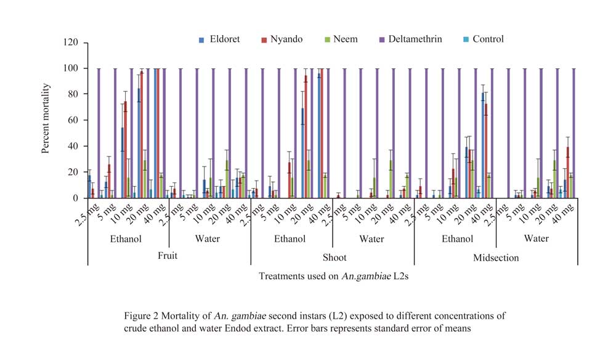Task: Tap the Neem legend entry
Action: click(347, 39)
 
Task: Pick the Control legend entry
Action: click(484, 39)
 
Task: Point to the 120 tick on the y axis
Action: click(77, 43)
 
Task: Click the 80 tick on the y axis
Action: click(79, 94)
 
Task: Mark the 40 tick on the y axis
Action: click(79, 146)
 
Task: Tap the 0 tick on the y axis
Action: click(81, 198)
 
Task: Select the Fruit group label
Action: click(167, 256)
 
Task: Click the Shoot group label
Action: click(333, 257)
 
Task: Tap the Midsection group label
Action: click(496, 257)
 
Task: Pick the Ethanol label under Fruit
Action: click(126, 239)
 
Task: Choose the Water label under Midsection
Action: click(537, 239)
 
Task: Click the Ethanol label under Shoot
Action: click(290, 239)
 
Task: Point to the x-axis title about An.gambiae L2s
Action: click(333, 277)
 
